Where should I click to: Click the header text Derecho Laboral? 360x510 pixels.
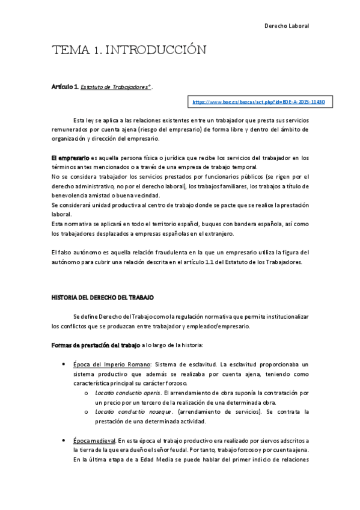pos(286,26)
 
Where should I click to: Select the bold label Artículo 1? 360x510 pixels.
pos(65,87)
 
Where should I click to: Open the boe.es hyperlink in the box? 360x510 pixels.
pos(258,102)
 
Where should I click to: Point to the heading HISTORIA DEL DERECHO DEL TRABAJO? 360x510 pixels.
pos(103,297)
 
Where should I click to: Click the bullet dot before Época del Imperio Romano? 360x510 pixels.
pos(64,364)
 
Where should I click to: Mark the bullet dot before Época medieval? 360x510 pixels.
pos(64,441)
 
